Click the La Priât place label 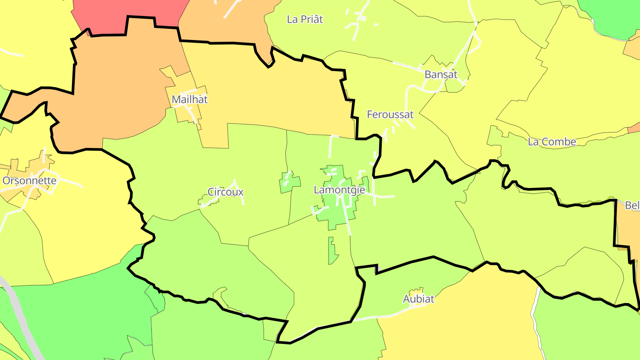(x=305, y=20)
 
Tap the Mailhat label (x=190, y=100)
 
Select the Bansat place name (x=441, y=75)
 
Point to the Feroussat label (x=390, y=115)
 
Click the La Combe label (x=552, y=142)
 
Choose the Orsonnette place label (x=29, y=181)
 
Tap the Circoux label (x=226, y=192)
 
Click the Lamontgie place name (x=339, y=190)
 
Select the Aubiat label (x=418, y=299)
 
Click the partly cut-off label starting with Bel (x=632, y=206)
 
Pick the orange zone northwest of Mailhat (x=124, y=84)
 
